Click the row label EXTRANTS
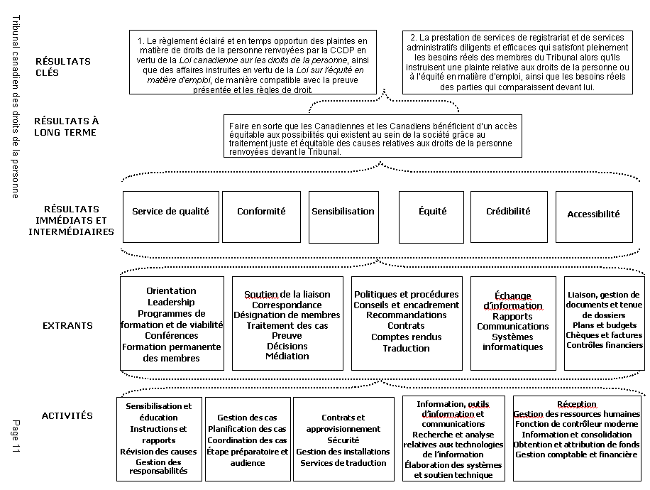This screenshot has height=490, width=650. coord(67,326)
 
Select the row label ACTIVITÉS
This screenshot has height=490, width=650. coord(67,416)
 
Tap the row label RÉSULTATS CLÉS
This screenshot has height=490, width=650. coord(63,67)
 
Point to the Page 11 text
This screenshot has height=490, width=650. coord(16,436)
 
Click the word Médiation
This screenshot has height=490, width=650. coord(287,356)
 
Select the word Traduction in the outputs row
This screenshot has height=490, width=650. coord(406,349)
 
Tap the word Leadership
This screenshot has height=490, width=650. coord(171,303)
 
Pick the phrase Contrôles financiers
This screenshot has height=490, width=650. coord(605,346)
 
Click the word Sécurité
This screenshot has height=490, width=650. coord(343,440)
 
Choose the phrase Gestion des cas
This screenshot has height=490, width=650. coord(247,418)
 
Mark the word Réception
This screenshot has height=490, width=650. coord(576,404)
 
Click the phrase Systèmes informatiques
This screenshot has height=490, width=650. coord(512,342)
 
